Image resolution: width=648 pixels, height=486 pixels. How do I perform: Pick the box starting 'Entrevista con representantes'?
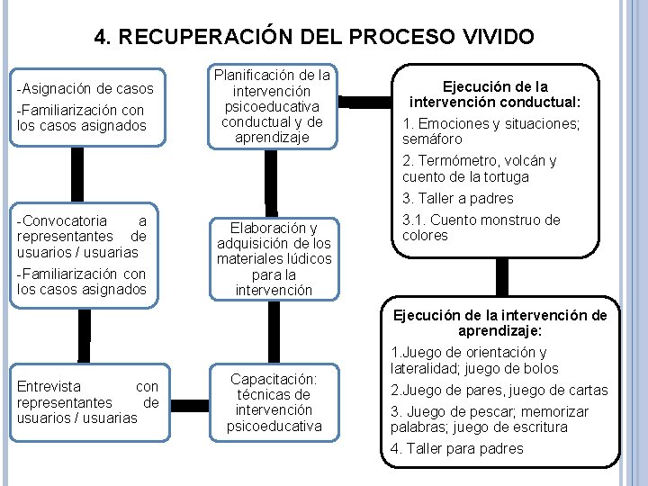pos(87,401)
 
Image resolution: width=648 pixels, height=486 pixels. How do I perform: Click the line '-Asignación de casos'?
pos(85,89)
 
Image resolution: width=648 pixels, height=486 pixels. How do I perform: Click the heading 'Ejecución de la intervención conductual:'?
pos(494,94)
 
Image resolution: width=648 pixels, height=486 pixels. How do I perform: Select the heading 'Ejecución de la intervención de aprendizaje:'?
pos(500,323)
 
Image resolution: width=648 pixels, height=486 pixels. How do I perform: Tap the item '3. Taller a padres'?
pos(458,198)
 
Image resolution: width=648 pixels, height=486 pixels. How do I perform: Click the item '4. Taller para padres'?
pos(456,449)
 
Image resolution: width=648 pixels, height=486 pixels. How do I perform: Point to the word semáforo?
pos(432,139)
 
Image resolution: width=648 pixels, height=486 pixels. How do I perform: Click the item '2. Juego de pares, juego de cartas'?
pos(499,391)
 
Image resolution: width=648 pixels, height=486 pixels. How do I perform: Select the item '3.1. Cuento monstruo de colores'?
pos(481,228)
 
